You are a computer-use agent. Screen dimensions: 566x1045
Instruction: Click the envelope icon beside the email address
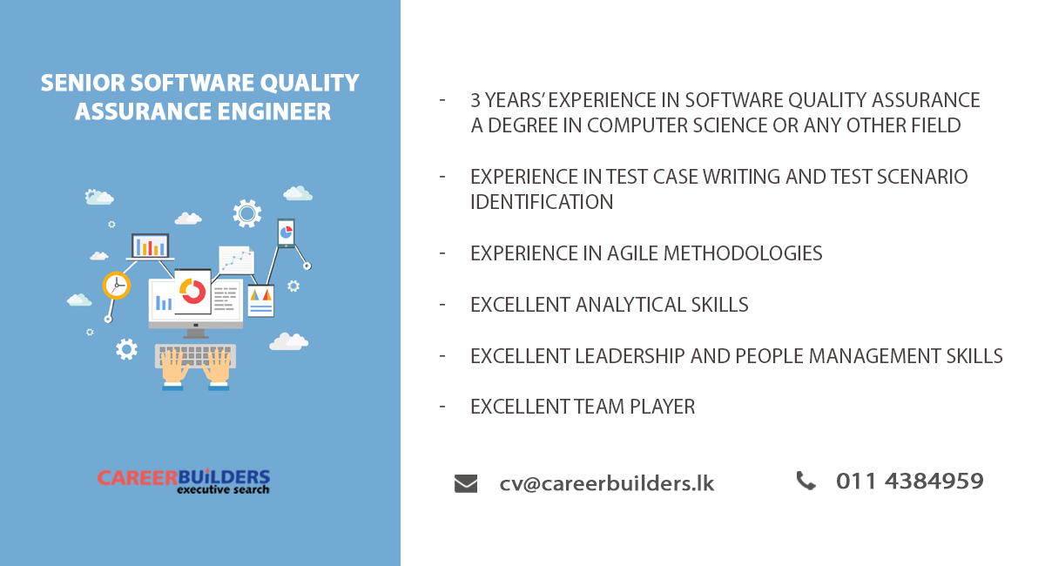(466, 483)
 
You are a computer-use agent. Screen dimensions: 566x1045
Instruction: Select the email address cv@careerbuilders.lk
(607, 483)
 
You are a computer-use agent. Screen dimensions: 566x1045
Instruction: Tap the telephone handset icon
(806, 481)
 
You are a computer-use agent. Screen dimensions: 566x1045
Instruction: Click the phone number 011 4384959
(909, 481)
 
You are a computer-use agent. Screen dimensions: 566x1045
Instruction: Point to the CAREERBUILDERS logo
(184, 480)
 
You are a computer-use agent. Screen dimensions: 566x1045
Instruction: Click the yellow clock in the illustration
(116, 285)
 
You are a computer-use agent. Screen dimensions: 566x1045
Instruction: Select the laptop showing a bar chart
(149, 247)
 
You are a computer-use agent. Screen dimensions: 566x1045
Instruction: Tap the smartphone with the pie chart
(286, 232)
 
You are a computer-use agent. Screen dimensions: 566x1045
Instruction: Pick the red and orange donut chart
(192, 292)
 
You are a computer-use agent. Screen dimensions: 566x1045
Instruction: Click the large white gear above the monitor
(247, 212)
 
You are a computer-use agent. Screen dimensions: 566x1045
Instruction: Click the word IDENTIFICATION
(542, 202)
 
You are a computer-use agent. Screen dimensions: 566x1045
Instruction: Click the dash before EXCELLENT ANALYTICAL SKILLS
(443, 304)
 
